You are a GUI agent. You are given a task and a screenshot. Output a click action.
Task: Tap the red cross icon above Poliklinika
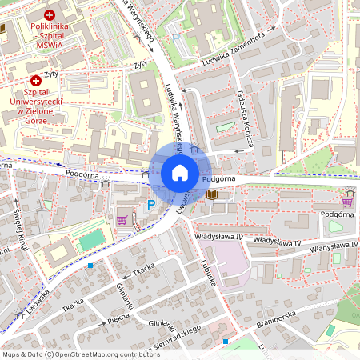click(x=50, y=14)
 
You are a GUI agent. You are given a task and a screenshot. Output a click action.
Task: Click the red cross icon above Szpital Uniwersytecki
click(x=36, y=80)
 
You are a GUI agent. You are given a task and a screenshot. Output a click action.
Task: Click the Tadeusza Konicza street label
click(x=245, y=127)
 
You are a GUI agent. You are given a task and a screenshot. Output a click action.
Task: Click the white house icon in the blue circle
click(x=179, y=173)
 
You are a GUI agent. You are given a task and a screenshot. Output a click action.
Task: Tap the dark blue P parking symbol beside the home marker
click(x=151, y=205)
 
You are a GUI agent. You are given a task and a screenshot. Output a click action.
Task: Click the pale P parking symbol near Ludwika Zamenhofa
click(x=176, y=37)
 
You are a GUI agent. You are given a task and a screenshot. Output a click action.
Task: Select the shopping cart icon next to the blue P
click(x=122, y=218)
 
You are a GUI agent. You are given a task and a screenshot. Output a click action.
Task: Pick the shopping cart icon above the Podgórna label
click(x=347, y=194)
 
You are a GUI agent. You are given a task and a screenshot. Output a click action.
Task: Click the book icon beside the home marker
click(x=211, y=194)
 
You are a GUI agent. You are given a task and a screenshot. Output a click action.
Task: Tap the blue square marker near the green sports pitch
click(x=91, y=265)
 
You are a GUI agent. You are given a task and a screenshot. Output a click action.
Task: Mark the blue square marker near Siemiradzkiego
click(x=226, y=342)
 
